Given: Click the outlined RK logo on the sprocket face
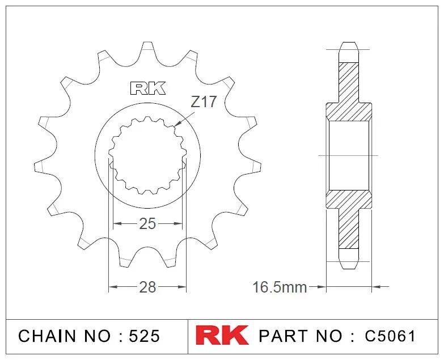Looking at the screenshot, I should coord(148,88).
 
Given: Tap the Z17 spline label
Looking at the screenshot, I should coord(204,103).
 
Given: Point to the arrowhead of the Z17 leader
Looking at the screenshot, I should coord(176,124).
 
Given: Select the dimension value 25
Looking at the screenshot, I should coord(147,224).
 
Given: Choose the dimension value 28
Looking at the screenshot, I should coord(147,287).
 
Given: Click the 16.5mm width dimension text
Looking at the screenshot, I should coord(280,287).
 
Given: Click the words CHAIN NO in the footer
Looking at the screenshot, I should coord(66,336).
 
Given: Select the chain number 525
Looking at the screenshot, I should coord(144,336).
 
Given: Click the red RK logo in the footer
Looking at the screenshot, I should coord(222,335).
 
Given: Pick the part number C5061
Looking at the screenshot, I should coord(390,336).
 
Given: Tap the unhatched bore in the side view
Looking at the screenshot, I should coord(348,154).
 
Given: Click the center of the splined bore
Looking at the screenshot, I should coord(147,154).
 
